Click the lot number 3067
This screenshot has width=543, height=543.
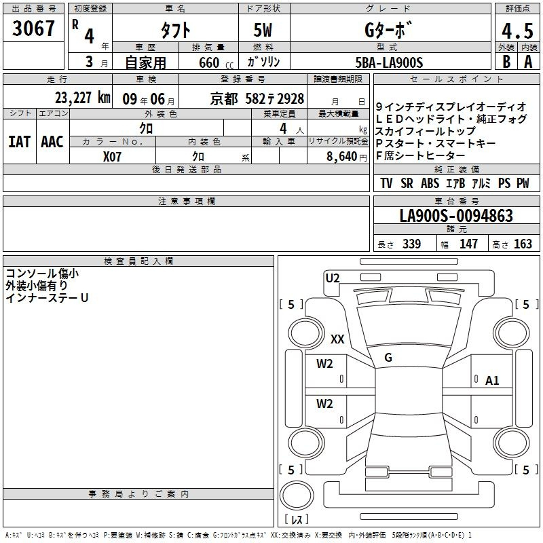tap(33, 29)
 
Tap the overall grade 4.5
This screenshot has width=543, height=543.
tap(517, 31)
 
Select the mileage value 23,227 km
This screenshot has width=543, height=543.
tap(82, 98)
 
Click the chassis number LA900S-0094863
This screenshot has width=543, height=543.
tap(456, 216)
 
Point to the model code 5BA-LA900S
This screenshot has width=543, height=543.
tap(389, 62)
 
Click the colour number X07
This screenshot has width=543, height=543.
tap(112, 157)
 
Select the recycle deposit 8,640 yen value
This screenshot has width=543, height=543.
tap(347, 157)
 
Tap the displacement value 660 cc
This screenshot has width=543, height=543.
tap(216, 63)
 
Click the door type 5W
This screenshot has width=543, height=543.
tap(263, 30)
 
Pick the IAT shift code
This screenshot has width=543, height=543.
tap(20, 142)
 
